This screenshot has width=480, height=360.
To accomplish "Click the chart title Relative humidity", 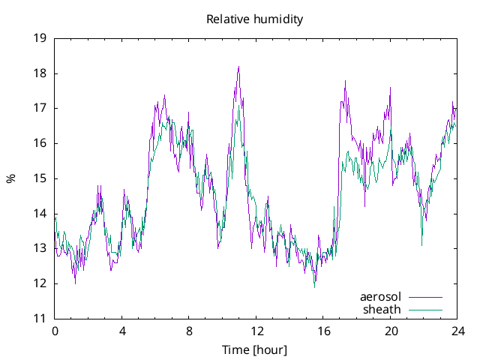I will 254,19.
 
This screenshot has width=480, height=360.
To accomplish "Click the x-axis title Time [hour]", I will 254,349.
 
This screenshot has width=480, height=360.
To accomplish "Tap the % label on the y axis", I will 10,178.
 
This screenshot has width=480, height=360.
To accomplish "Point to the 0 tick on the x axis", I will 55,331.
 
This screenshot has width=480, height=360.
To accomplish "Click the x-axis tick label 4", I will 122,331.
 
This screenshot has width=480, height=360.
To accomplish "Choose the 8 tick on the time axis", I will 190,331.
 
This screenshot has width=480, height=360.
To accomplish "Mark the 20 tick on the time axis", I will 391,331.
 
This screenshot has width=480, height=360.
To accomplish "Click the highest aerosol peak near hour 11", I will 238,67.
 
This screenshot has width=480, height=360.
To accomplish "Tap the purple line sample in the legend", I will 425,297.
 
